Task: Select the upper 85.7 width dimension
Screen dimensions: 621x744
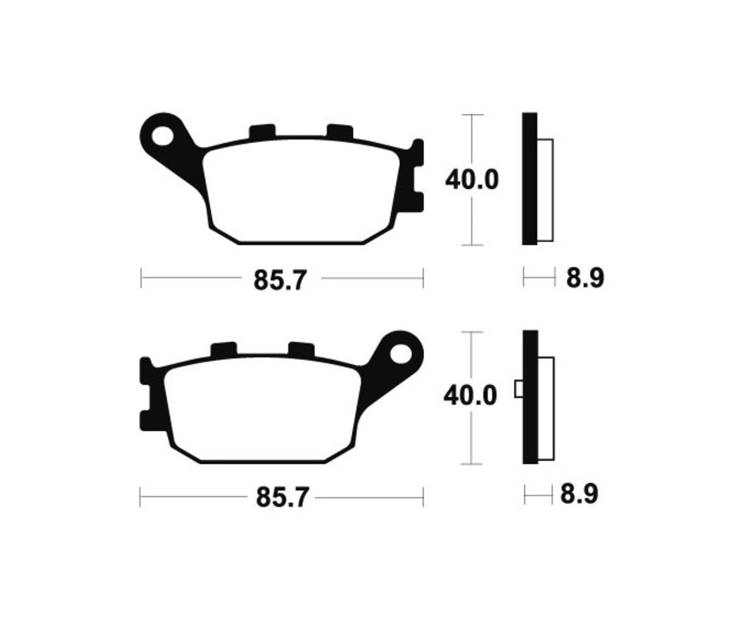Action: click(x=280, y=279)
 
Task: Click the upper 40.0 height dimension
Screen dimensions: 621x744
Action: click(x=472, y=179)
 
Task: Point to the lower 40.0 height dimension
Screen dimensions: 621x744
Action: click(x=470, y=396)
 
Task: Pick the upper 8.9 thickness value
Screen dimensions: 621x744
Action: click(x=584, y=278)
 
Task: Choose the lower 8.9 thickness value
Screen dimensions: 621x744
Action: click(x=579, y=495)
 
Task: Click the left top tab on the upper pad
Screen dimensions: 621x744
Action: click(x=261, y=131)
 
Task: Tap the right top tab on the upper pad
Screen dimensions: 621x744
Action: click(x=339, y=130)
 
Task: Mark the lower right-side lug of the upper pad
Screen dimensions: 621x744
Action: click(x=417, y=201)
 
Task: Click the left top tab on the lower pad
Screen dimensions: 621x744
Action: click(x=223, y=350)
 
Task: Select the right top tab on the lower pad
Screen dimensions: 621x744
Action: click(x=301, y=349)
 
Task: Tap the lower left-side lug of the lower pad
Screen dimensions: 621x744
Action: click(x=146, y=419)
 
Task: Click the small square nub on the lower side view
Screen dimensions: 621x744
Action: click(x=518, y=388)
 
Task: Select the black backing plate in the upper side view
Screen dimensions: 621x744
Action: click(x=529, y=178)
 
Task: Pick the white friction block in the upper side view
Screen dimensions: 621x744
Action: click(x=545, y=190)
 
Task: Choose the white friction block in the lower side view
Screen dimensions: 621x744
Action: click(x=546, y=408)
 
